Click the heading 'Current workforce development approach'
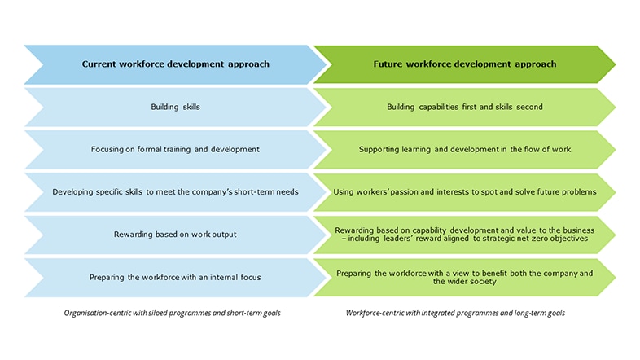[176, 64]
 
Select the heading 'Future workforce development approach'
[464, 64]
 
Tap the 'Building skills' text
[176, 107]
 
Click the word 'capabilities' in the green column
[438, 107]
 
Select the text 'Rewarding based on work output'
[175, 235]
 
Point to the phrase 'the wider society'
[464, 281]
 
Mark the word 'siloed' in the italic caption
[158, 313]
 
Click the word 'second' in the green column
[530, 107]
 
